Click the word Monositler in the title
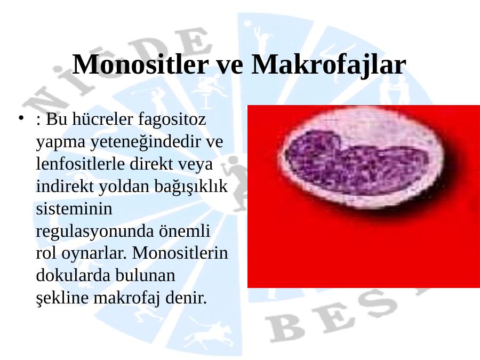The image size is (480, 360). pyautogui.click(x=140, y=65)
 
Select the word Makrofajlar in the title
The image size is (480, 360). pyautogui.click(x=329, y=65)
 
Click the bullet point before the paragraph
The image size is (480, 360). pyautogui.click(x=21, y=118)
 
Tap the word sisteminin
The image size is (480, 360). pyautogui.click(x=74, y=209)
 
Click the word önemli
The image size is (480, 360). pyautogui.click(x=185, y=231)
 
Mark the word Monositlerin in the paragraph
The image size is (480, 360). pyautogui.click(x=180, y=253)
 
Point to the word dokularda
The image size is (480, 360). pyautogui.click(x=73, y=275)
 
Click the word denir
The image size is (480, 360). pyautogui.click(x=186, y=298)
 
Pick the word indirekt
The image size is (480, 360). pyautogui.click(x=65, y=186)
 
